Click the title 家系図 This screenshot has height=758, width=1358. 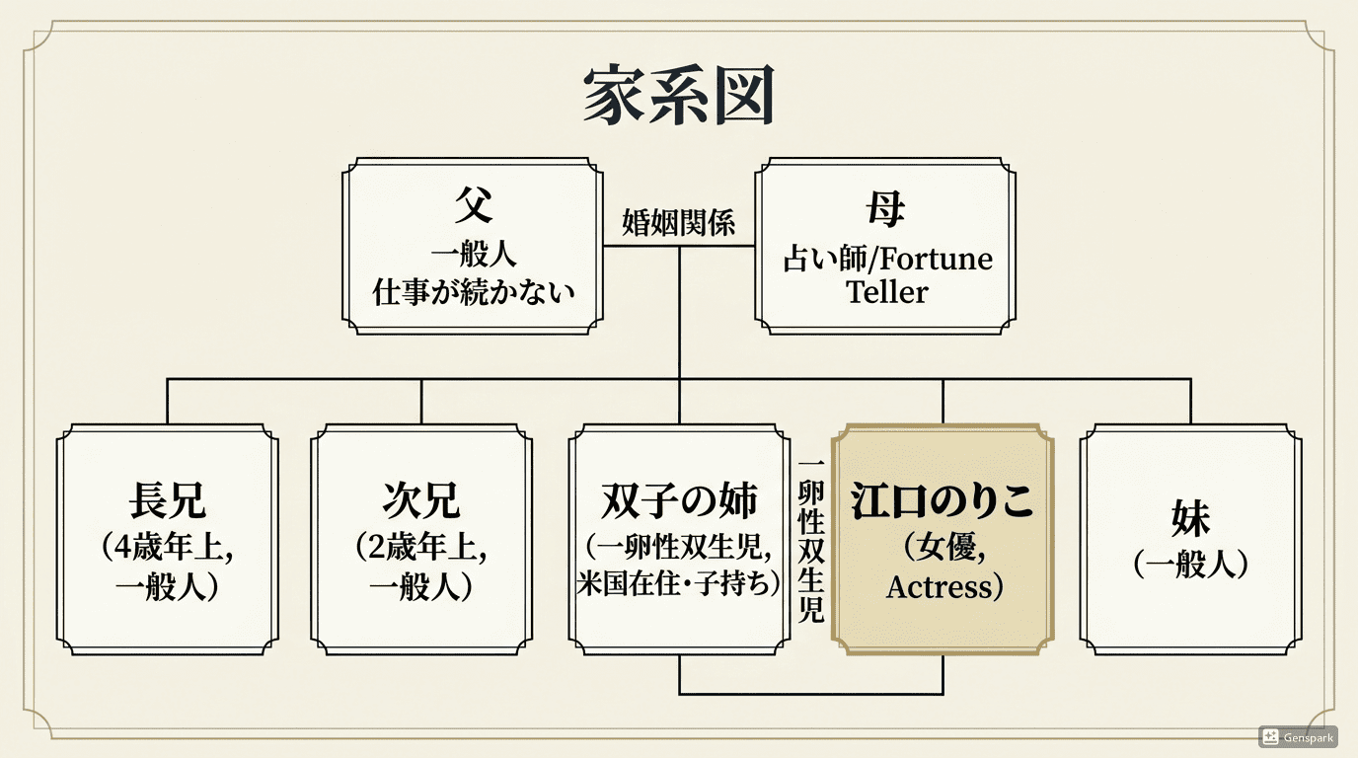pos(678,97)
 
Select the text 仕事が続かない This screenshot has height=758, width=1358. pos(474,292)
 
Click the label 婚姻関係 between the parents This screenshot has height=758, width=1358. pos(679,222)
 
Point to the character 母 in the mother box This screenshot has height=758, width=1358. pos(885,208)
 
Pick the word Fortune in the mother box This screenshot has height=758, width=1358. pos(937,259)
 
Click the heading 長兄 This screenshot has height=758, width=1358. pos(168,501)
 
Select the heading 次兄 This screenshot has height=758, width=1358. pos(421,501)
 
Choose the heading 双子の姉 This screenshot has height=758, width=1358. pos(679,501)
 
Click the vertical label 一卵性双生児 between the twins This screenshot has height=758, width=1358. pos(810,541)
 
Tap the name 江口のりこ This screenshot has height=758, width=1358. pos(942,501)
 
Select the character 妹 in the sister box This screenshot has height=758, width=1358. pos(1190,517)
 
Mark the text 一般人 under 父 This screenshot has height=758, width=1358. pos(474,255)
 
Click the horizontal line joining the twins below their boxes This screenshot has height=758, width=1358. pos(810,694)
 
